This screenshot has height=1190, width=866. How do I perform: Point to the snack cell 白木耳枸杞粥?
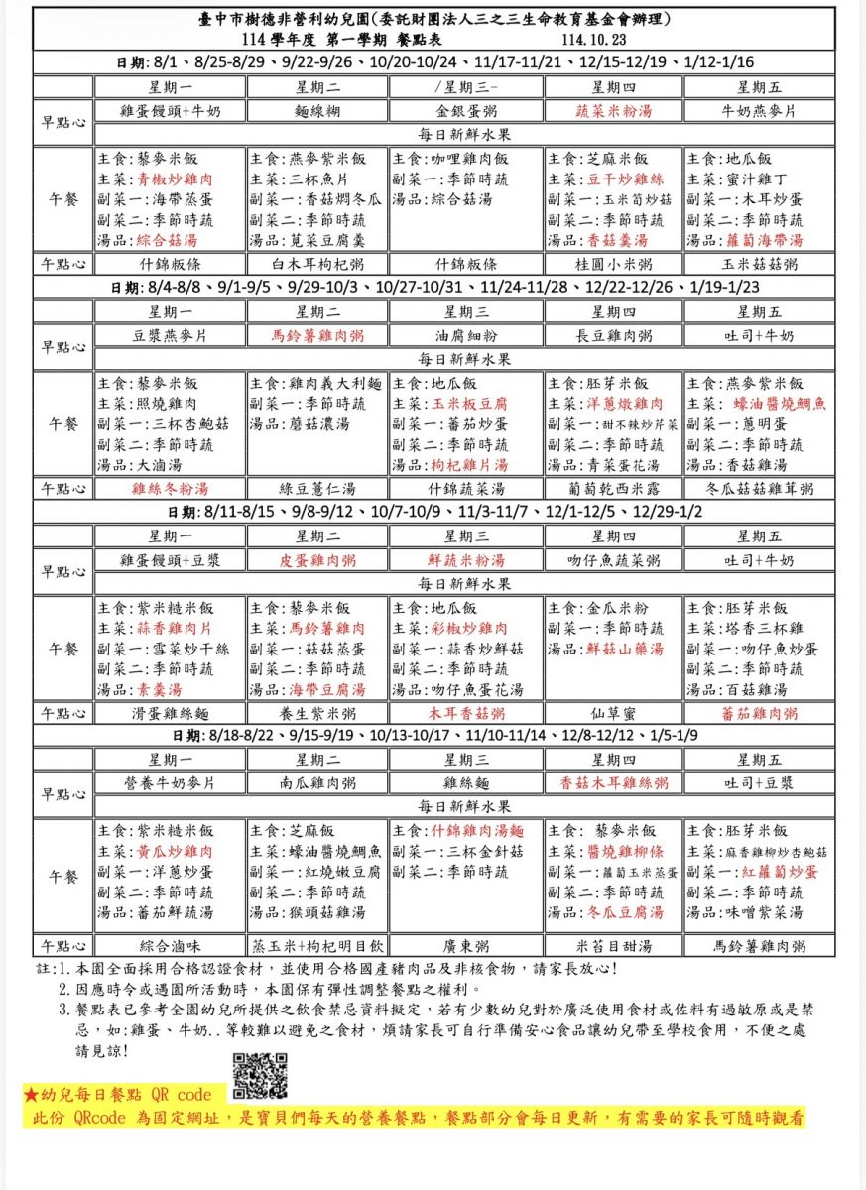[318, 265]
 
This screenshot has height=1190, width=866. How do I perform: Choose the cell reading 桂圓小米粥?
[614, 265]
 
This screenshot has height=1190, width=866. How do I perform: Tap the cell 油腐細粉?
[467, 335]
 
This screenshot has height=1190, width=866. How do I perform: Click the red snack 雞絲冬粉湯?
[171, 488]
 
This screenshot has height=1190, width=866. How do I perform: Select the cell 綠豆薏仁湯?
[318, 488]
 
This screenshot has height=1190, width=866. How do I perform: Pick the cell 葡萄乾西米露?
[614, 488]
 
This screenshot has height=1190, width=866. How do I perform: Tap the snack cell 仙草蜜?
[614, 713]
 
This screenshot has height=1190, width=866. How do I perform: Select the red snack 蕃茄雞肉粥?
[762, 713]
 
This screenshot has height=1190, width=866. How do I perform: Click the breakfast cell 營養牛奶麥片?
[171, 783]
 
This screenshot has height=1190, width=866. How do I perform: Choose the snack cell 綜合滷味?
[171, 945]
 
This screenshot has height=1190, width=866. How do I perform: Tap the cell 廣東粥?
[467, 945]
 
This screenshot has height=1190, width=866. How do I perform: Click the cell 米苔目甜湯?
[614, 945]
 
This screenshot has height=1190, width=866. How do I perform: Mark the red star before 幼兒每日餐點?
[31, 1096]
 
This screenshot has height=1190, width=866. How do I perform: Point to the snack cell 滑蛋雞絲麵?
[171, 713]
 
